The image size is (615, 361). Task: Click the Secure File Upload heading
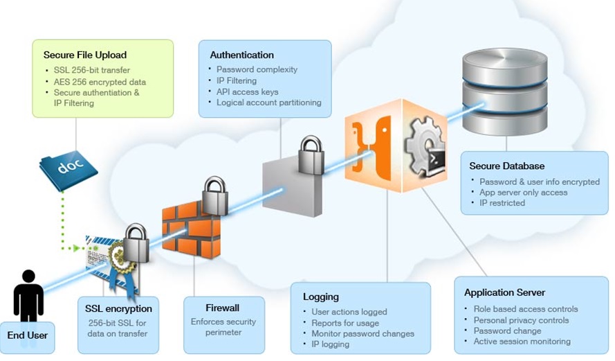(84, 55)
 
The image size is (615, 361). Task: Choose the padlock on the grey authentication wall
(311, 156)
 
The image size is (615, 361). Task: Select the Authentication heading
(241, 55)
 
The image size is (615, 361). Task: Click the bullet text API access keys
(248, 91)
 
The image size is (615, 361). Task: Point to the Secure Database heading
(506, 166)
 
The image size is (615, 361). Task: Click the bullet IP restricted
(502, 203)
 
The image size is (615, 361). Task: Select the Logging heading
(321, 297)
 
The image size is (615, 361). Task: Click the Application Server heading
(504, 292)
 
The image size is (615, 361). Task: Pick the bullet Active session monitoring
(522, 341)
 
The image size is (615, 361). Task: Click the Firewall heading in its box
(222, 308)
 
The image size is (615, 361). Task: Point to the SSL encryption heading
(118, 308)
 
